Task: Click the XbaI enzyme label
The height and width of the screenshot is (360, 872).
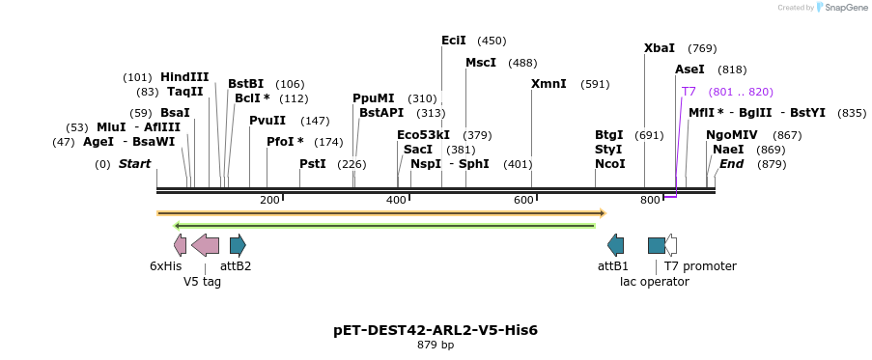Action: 660,48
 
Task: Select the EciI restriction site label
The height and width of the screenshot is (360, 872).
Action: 453,41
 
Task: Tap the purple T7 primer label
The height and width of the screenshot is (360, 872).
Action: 689,92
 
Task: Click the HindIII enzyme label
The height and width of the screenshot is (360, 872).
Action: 184,77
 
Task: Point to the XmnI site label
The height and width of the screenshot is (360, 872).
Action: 549,84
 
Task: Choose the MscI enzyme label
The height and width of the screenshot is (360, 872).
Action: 481,63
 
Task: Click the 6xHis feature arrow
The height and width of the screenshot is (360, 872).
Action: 181,245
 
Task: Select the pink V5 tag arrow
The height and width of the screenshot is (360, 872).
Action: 205,245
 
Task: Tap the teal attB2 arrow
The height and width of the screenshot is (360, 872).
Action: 238,245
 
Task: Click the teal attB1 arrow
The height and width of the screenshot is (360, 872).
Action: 615,245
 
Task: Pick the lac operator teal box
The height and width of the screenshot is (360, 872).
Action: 656,245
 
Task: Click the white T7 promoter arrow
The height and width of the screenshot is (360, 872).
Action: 671,245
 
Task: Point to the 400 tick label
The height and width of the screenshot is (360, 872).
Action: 396,200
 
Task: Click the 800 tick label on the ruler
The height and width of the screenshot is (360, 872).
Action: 650,200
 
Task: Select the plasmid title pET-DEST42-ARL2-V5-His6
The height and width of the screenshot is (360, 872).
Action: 436,330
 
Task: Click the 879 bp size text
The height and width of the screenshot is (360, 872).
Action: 436,346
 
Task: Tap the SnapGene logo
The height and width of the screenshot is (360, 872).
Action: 840,8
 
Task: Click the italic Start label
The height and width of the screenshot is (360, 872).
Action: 134,164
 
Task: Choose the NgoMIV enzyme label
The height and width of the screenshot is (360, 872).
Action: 732,135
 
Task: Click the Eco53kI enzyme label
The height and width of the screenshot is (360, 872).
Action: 423,135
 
